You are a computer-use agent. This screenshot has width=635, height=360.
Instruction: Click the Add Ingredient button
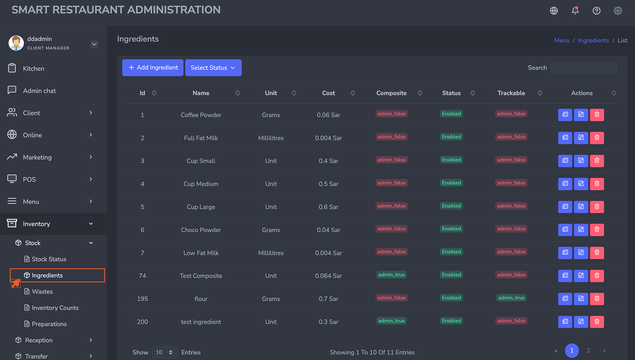point(153,68)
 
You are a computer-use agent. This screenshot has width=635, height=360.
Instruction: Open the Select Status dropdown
point(213,68)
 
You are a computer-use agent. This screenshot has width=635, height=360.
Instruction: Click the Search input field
point(584,68)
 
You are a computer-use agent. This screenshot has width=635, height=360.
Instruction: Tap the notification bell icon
point(575,11)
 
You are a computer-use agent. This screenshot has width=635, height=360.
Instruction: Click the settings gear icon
point(618,11)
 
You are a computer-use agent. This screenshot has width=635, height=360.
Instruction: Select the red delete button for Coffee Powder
point(597,115)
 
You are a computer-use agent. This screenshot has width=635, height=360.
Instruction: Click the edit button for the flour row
point(581,299)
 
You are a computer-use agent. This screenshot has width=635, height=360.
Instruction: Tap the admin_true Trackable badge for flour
point(511,298)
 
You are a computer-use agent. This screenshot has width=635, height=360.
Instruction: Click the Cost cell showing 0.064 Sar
point(328,276)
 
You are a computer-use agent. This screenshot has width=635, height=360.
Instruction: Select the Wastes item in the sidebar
point(42,291)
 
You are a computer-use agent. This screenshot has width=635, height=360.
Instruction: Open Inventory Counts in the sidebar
point(55,308)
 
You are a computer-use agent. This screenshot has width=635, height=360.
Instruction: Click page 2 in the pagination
point(588,351)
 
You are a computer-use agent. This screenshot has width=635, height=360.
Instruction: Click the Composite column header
point(391,93)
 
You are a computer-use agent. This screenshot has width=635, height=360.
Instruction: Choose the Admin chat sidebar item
point(39,90)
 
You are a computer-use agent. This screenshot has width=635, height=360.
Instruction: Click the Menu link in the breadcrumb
point(562,40)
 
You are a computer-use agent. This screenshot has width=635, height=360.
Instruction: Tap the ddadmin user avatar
point(16,43)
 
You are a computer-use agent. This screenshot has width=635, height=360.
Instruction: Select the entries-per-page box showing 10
point(165,352)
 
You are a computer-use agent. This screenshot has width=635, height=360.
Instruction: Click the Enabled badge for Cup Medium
point(451,183)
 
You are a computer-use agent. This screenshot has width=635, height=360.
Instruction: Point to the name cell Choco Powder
point(201,230)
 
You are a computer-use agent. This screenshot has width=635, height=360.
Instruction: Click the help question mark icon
point(596,11)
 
